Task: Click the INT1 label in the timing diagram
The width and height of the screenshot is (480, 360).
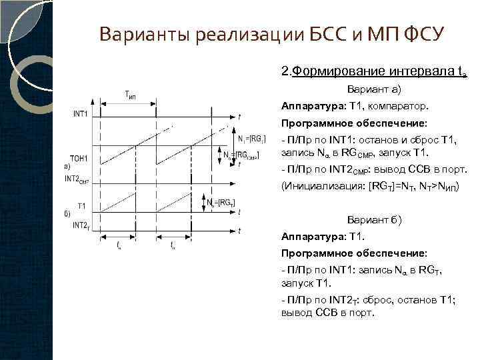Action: click(81, 113)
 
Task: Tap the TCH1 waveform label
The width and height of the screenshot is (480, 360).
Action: click(80, 158)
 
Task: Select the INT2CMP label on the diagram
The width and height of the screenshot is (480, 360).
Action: click(77, 179)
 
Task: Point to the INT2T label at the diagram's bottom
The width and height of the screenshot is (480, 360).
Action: click(81, 225)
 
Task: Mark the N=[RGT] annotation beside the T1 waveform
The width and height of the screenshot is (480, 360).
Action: click(221, 202)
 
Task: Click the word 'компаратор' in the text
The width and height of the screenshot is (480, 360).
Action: click(405, 105)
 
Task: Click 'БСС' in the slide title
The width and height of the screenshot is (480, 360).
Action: click(323, 34)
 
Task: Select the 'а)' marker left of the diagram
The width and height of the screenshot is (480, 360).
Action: click(67, 166)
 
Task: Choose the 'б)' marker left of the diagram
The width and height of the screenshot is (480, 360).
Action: click(67, 214)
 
